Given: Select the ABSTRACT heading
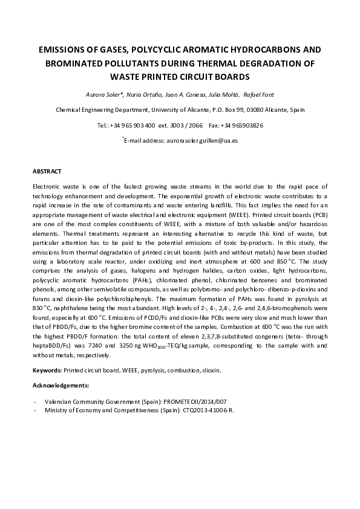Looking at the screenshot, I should point(47,172).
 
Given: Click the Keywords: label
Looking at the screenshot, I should point(47,369).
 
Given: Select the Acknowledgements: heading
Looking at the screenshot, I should point(61,384).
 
